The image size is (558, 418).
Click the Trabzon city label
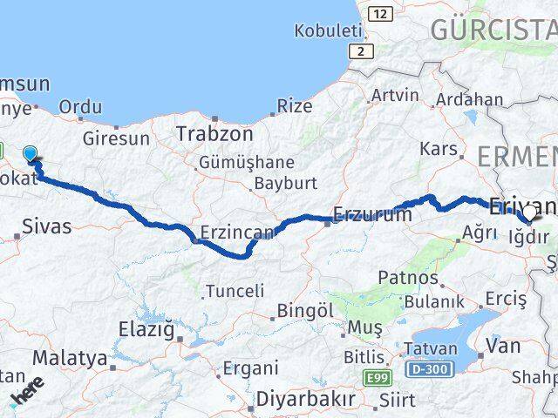(x=214, y=135)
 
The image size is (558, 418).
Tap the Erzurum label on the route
(x=371, y=215)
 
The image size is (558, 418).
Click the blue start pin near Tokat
(x=31, y=154)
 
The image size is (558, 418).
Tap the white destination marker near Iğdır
(x=528, y=212)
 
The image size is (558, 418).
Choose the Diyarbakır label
(x=306, y=399)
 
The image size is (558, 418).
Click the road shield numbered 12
(x=380, y=14)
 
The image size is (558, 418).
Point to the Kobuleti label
(x=328, y=31)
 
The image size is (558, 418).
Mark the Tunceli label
(x=233, y=291)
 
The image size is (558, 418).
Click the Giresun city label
(x=116, y=138)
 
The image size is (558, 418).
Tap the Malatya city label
(x=70, y=358)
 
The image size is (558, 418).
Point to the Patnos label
(x=408, y=278)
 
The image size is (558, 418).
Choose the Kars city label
(x=438, y=149)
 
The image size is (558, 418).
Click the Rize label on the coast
(x=294, y=106)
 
